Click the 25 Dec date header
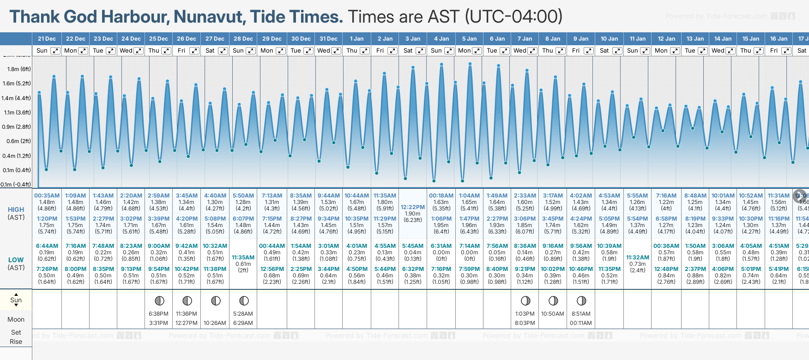point(158,39)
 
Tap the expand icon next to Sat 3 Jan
point(421,51)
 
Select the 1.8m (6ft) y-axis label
point(19,69)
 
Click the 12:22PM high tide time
point(413,207)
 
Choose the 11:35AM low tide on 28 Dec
point(243,258)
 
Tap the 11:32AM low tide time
point(638,258)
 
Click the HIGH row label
point(16,210)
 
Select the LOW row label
point(16,260)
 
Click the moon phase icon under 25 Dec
point(159,301)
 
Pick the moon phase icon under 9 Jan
point(581,301)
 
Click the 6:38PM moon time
point(158,314)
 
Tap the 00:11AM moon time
point(581,323)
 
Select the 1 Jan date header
point(356,39)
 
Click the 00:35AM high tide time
point(47,196)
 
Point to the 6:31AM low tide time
point(441,246)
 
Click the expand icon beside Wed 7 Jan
point(532,51)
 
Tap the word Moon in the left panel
point(16,319)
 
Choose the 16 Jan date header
point(779,39)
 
